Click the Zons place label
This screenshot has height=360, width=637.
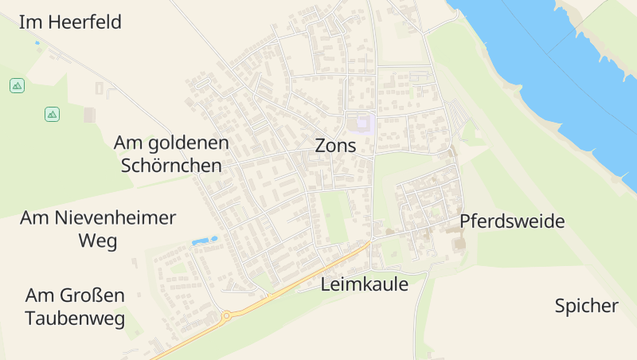(x=335, y=146)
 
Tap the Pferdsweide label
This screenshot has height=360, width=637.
(x=512, y=221)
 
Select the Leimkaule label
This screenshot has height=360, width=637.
(x=364, y=284)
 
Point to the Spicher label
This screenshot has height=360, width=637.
(x=586, y=306)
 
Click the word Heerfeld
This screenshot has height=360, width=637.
(x=84, y=22)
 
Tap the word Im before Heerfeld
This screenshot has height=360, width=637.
(x=30, y=22)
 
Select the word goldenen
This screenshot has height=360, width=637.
(x=190, y=143)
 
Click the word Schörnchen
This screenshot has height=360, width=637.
(x=171, y=166)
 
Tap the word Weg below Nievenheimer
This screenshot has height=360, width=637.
(x=97, y=241)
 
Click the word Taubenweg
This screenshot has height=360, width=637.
(x=75, y=319)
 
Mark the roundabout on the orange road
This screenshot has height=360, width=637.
(x=226, y=315)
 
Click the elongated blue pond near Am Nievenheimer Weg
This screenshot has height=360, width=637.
(x=204, y=241)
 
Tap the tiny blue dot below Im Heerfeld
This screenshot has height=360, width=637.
(x=37, y=43)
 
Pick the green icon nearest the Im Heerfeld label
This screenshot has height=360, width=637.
(x=17, y=85)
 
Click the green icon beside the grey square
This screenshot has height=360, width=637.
(x=52, y=115)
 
